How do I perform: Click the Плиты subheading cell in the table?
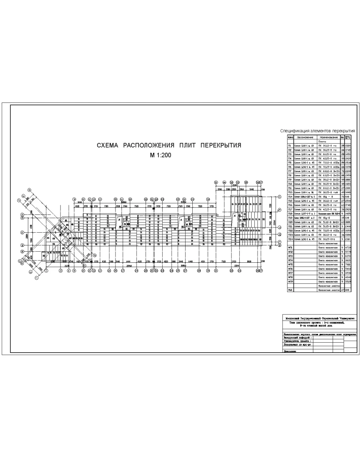(x=322, y=141)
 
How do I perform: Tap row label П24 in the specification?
(x=290, y=239)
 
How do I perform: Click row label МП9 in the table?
(x=290, y=281)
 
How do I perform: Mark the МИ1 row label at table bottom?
(x=290, y=290)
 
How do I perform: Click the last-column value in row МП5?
(x=349, y=264)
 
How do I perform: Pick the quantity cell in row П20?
(x=343, y=222)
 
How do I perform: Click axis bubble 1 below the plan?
(x=46, y=271)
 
